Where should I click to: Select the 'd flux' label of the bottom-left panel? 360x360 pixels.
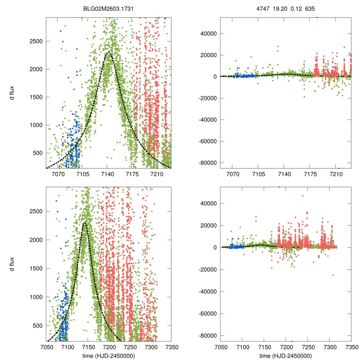[13, 264]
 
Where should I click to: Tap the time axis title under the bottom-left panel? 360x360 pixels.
[108, 356]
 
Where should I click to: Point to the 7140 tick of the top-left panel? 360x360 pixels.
[107, 174]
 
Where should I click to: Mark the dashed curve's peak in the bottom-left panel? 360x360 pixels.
[85, 223]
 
